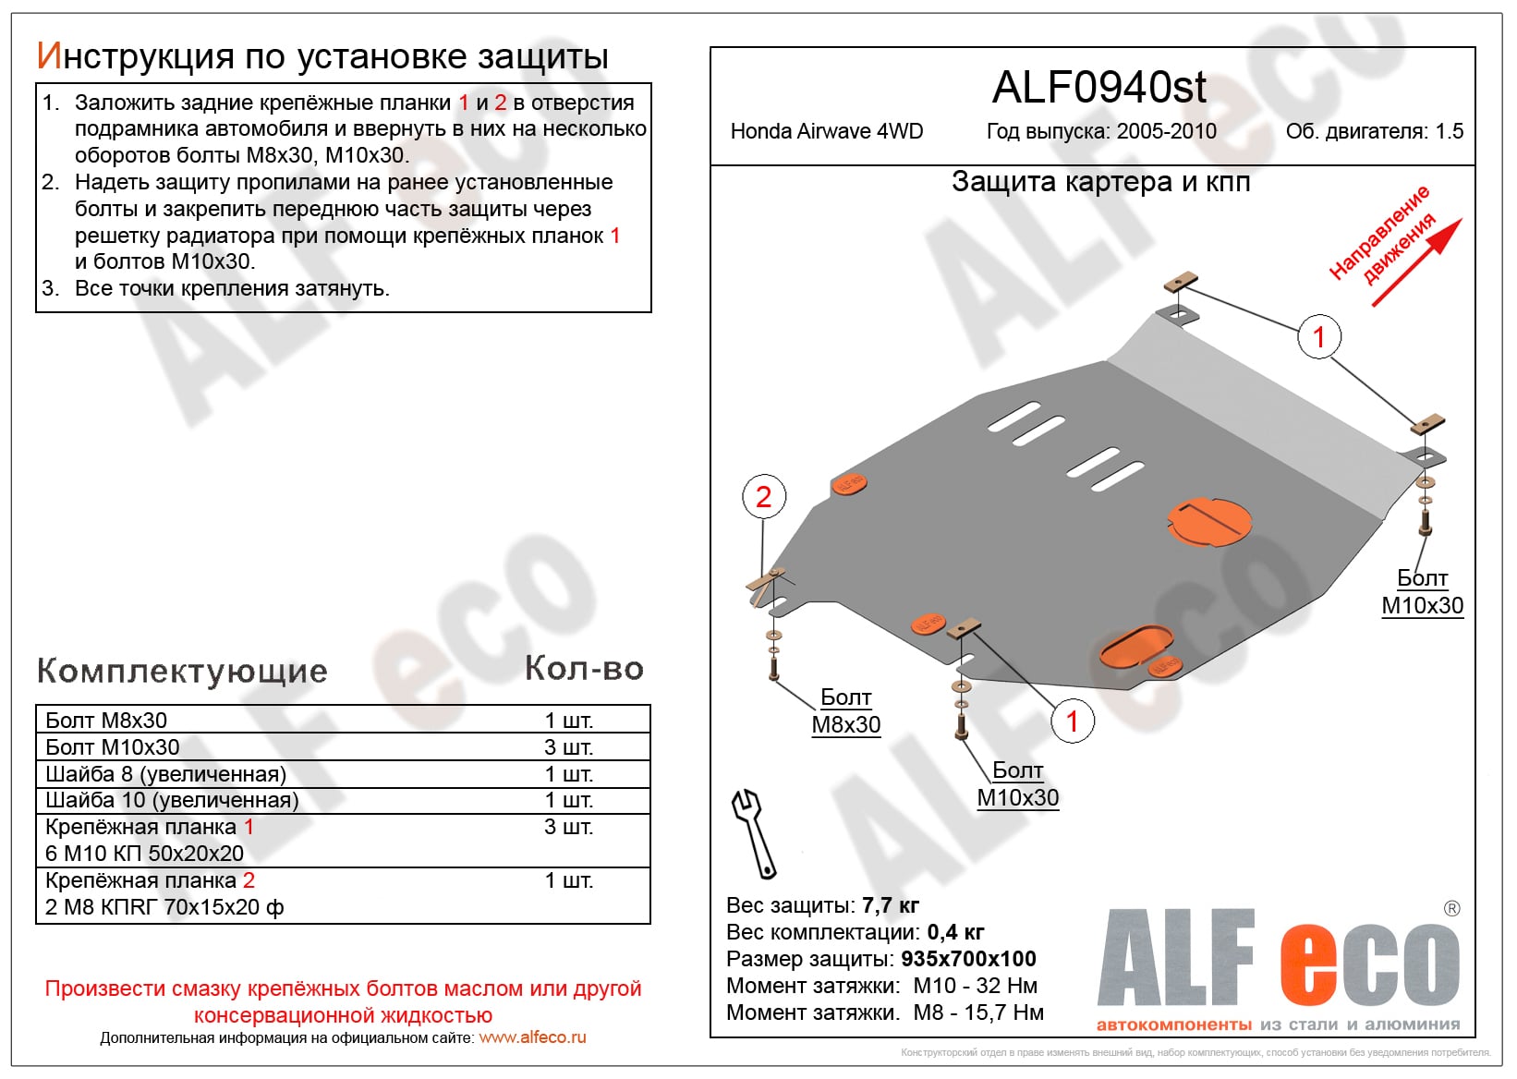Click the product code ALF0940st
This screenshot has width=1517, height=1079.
(x=1098, y=88)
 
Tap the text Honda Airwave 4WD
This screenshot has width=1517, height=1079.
(x=827, y=131)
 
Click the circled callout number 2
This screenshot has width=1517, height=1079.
(x=763, y=497)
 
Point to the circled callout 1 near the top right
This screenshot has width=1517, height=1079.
(x=1318, y=337)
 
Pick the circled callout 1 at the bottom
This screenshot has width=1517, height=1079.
(x=1072, y=721)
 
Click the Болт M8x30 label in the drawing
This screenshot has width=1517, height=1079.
(x=845, y=711)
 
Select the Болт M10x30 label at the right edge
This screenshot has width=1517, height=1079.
(x=1422, y=592)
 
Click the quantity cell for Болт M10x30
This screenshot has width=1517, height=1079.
(x=568, y=747)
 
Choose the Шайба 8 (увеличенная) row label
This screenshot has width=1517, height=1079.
(x=165, y=774)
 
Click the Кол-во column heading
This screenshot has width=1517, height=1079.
(x=584, y=669)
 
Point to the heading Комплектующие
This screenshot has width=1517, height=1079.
(x=182, y=672)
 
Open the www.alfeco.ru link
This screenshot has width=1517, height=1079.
(x=532, y=1037)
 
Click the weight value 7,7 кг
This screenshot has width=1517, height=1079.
(x=890, y=905)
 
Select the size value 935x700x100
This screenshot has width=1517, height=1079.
(x=968, y=959)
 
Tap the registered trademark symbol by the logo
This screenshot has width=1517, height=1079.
(x=1451, y=909)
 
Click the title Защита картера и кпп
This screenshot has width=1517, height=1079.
(x=1100, y=182)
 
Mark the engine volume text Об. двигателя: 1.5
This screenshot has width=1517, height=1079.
(x=1374, y=131)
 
